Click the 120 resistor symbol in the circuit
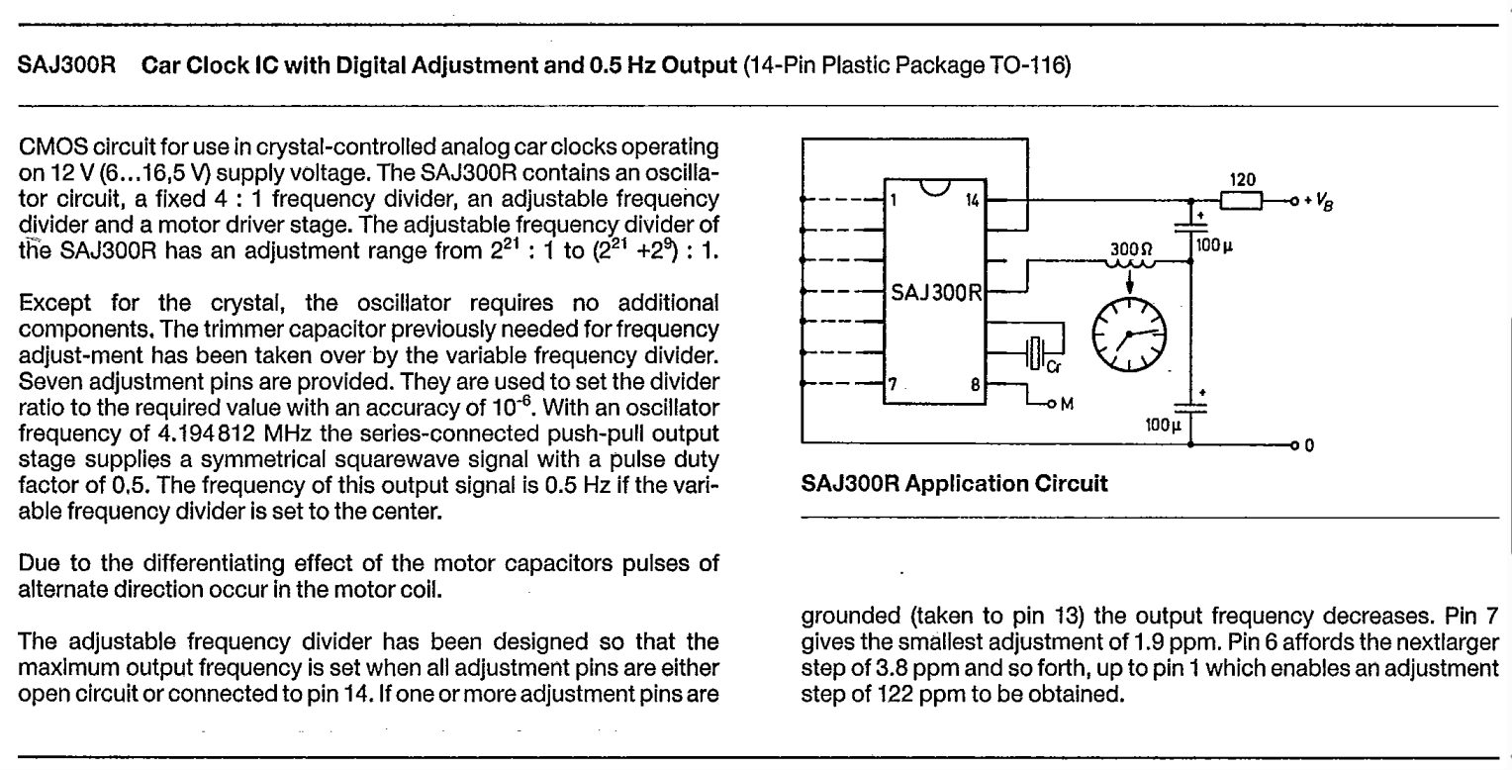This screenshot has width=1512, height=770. pyautogui.click(x=1241, y=201)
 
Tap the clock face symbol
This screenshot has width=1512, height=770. pyautogui.click(x=1129, y=335)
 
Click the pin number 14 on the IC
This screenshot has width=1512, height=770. pyautogui.click(x=972, y=201)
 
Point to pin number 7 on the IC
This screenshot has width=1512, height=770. pyautogui.click(x=893, y=384)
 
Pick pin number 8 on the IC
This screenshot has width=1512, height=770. pyautogui.click(x=975, y=385)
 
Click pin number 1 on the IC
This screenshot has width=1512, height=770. pyautogui.click(x=893, y=201)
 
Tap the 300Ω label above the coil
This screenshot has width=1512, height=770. pyautogui.click(x=1131, y=249)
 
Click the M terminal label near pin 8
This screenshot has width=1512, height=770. pyautogui.click(x=1067, y=404)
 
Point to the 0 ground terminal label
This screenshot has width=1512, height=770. pyautogui.click(x=1309, y=445)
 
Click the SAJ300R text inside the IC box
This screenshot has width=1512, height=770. pyautogui.click(x=935, y=292)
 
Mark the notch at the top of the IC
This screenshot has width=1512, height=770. pyautogui.click(x=935, y=188)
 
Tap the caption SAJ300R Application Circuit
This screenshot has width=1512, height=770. pyautogui.click(x=954, y=483)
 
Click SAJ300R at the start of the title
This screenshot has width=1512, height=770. pyautogui.click(x=67, y=65)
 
